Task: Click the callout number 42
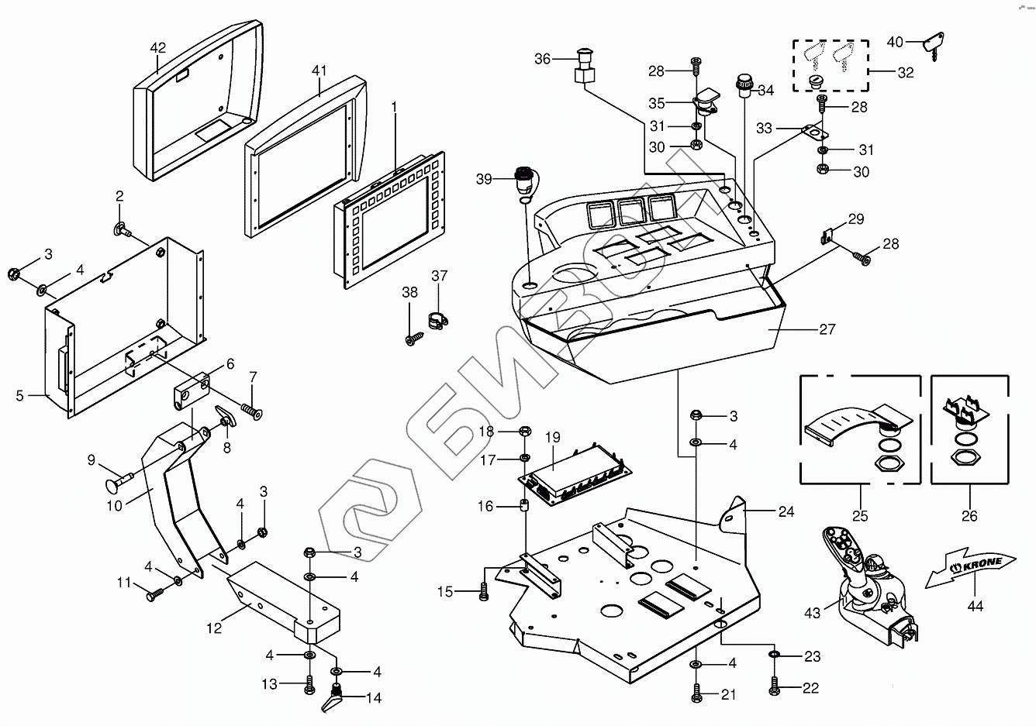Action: pos(157,48)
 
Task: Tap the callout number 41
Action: pos(319,71)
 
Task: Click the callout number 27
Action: pos(827,329)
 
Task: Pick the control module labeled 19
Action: pos(575,470)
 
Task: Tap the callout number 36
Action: pos(543,59)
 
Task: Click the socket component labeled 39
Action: pos(526,178)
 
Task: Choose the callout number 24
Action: pos(787,511)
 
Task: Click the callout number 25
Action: pos(860,515)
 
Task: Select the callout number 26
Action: pos(969,515)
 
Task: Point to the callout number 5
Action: pos(20,396)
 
